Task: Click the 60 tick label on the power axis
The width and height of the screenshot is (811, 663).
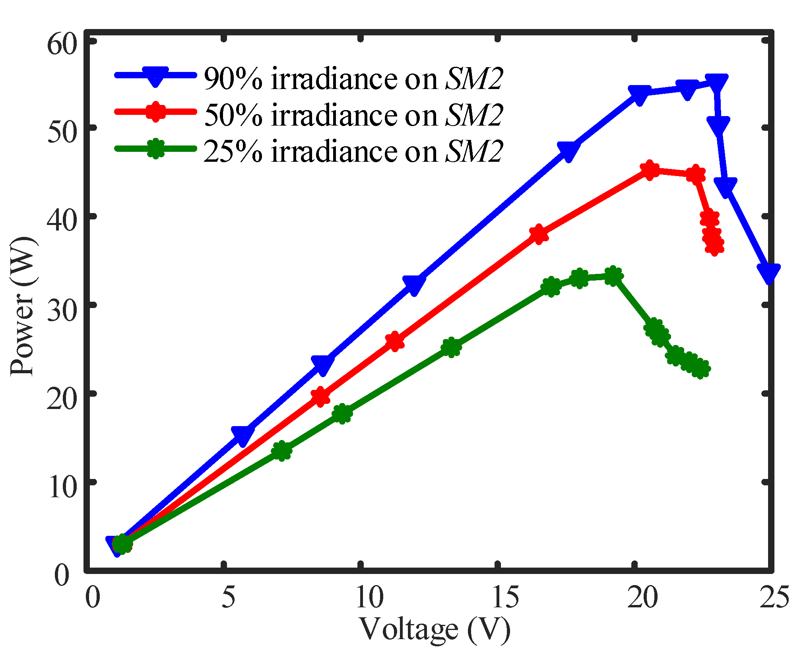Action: [x=61, y=45]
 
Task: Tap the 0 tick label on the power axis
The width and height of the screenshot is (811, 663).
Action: [x=61, y=575]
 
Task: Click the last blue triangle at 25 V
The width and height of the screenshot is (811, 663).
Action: [x=768, y=273]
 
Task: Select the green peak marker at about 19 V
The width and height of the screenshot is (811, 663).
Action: [x=613, y=276]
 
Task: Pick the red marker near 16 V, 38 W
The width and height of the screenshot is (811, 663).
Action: [x=539, y=234]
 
